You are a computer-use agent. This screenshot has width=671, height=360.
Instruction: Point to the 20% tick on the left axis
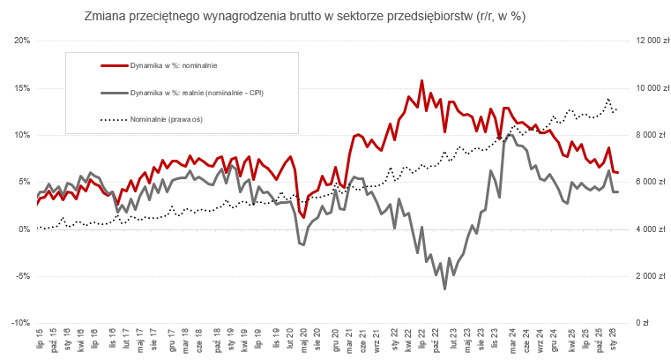click(23, 41)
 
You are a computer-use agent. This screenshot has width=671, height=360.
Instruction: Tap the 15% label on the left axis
click(23, 88)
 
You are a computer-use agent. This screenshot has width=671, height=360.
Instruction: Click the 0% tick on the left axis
click(25, 229)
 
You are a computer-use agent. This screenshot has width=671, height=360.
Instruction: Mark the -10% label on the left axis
click(21, 323)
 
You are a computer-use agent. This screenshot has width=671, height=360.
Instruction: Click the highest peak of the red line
click(421, 80)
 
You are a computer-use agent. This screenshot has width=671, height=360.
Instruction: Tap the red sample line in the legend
click(113, 65)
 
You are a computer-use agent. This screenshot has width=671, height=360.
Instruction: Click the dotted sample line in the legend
click(113, 118)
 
